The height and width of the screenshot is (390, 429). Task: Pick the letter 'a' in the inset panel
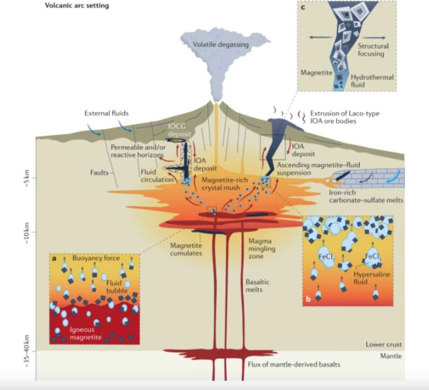(54, 258)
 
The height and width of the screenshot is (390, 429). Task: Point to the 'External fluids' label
(106, 114)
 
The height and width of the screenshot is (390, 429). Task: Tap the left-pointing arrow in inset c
(320, 38)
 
